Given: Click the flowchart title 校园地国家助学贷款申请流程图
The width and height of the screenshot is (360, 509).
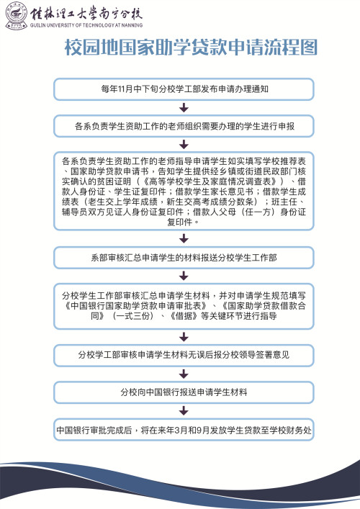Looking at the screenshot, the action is tap(191, 48).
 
